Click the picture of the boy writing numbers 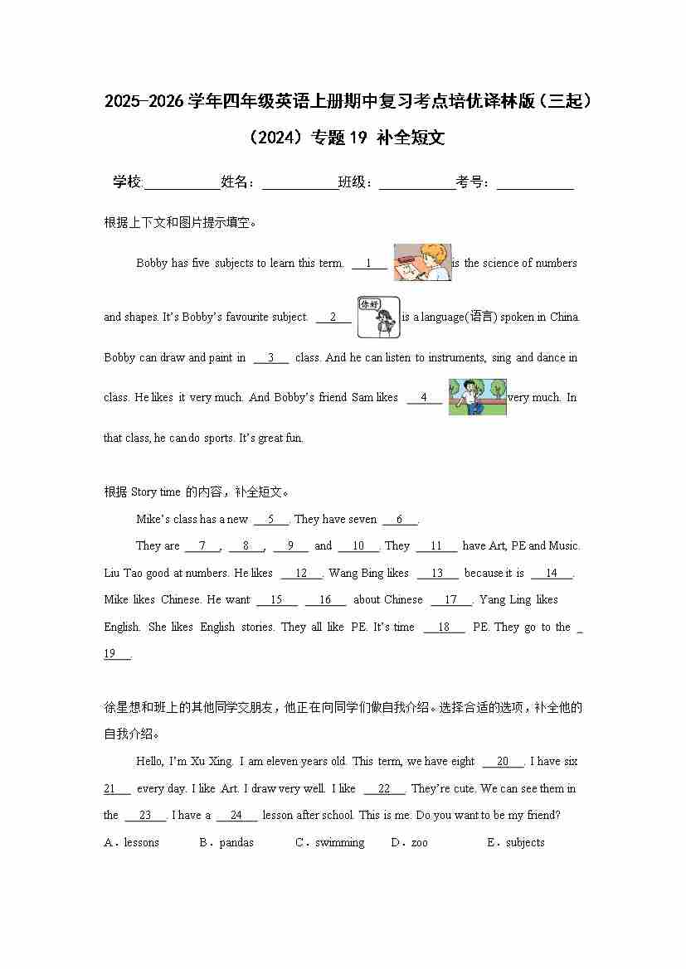click(x=422, y=262)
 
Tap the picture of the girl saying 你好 click(x=378, y=317)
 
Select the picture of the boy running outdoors click(x=477, y=396)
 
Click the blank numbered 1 click(x=369, y=264)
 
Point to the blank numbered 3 click(x=271, y=358)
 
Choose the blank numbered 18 click(x=444, y=627)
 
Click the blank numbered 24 click(x=236, y=816)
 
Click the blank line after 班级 click(x=417, y=184)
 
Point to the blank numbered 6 click(x=400, y=520)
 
